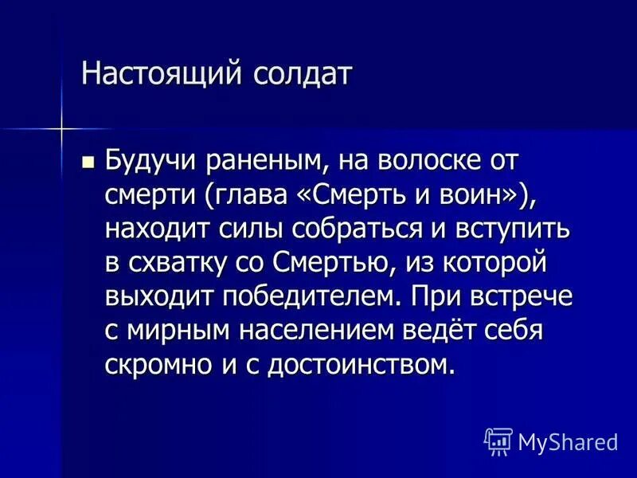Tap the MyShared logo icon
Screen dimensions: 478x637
tap(497, 441)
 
